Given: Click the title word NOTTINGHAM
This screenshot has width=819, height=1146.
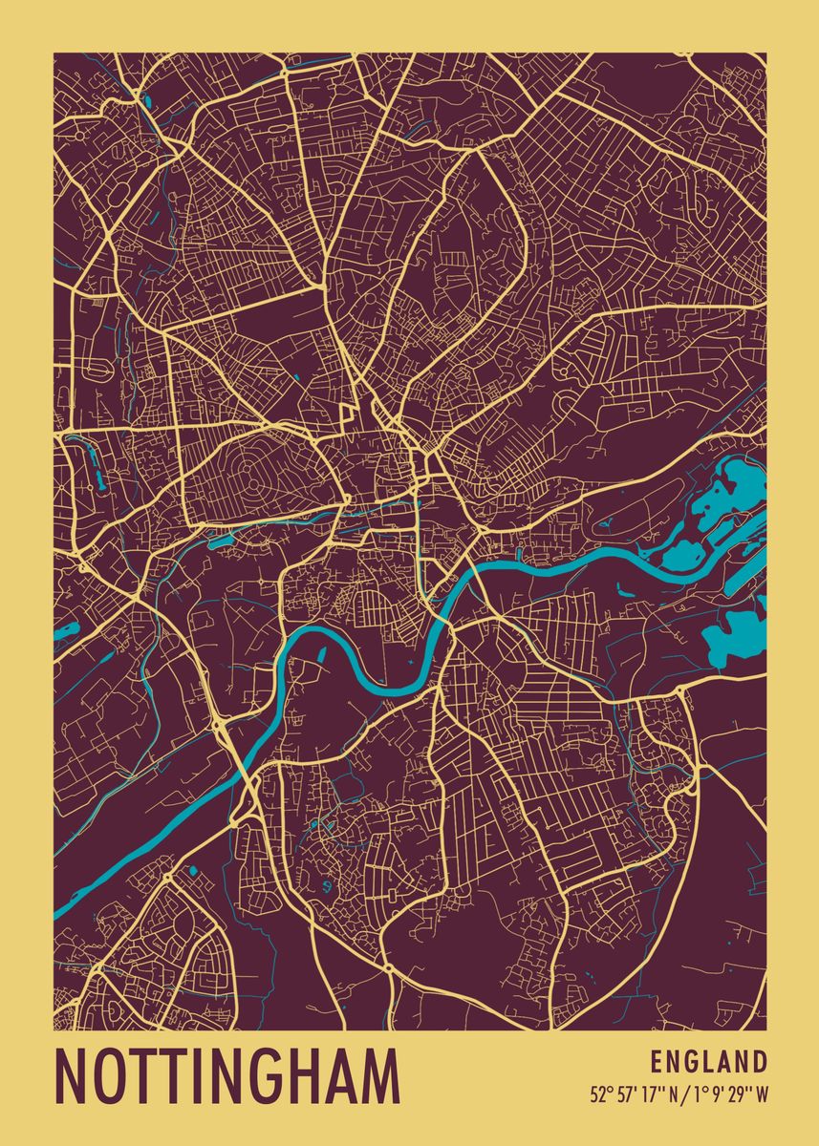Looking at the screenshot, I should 227,1076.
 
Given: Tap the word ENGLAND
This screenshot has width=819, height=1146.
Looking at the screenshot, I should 709,1062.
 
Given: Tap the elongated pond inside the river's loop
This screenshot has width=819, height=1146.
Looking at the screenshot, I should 320,656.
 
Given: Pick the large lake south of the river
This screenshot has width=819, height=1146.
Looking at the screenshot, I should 736,635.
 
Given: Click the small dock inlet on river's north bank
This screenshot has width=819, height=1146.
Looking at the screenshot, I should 517,553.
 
